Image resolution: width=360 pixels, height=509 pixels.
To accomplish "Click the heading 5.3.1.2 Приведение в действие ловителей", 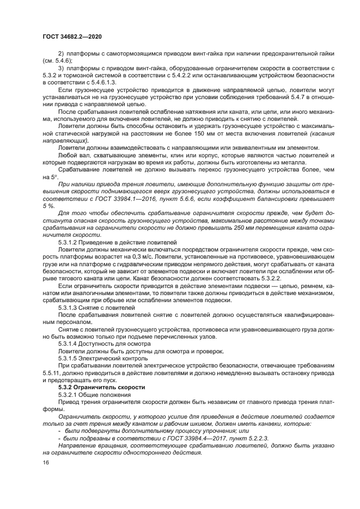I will (x=117, y=242).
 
